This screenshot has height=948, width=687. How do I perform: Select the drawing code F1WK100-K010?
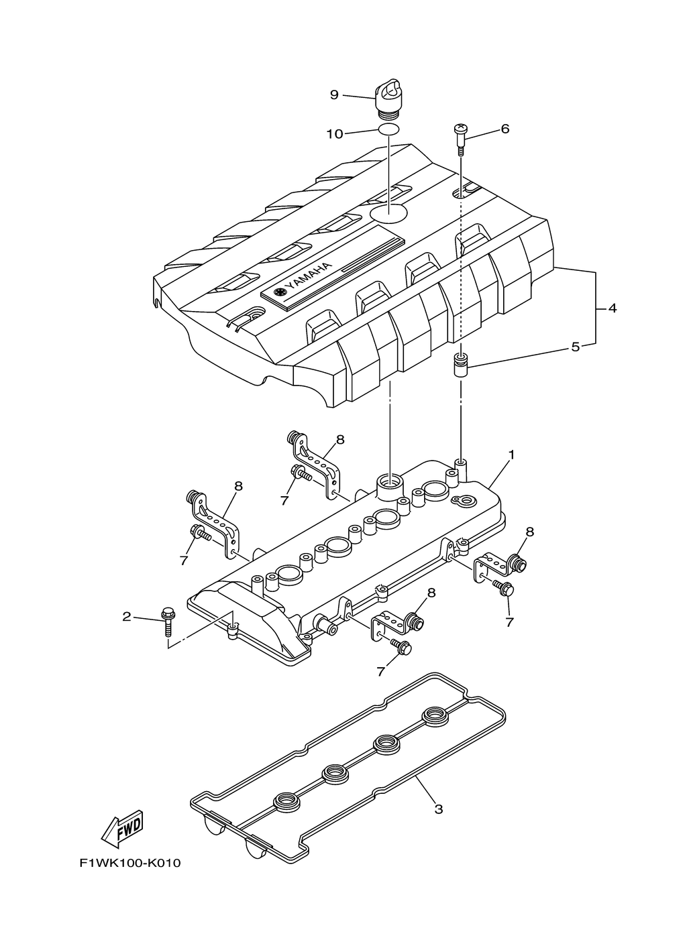tap(130, 863)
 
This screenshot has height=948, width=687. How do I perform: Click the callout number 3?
tap(438, 809)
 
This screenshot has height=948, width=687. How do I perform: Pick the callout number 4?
tap(612, 308)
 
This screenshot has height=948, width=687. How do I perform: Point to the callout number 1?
tap(511, 455)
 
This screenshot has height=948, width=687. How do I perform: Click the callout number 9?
tap(333, 95)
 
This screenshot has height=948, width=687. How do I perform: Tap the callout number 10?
tap(334, 134)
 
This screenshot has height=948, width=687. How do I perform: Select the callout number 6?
tap(505, 129)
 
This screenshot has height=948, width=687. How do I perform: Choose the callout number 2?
tap(127, 617)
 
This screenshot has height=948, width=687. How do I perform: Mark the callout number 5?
tap(575, 347)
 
